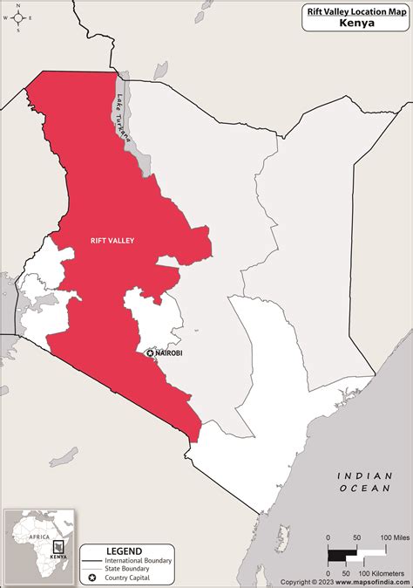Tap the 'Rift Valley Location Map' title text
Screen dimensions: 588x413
point(355,10)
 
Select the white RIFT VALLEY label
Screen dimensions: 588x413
point(112,240)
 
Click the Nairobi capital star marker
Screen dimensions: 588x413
point(150,353)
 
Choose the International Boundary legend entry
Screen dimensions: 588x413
point(139,560)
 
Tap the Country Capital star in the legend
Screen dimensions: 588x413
point(91,578)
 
